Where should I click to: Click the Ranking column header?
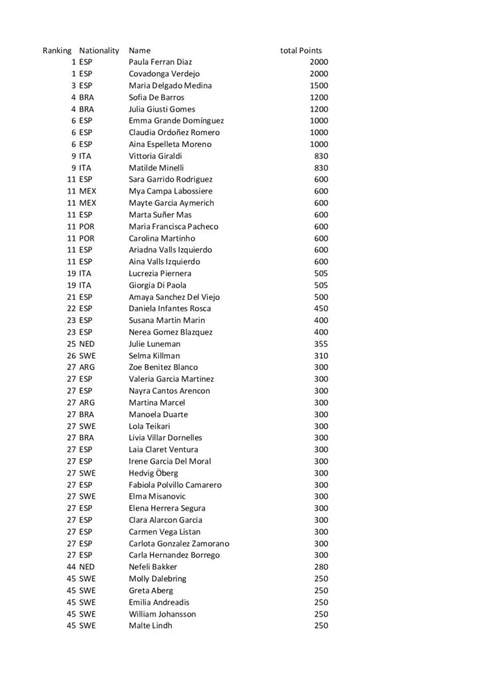tap(57, 51)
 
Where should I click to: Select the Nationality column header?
tap(99, 51)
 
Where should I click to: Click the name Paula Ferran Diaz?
tap(160, 63)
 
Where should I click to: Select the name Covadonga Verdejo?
tap(164, 74)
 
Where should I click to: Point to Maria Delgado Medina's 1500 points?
tap(319, 86)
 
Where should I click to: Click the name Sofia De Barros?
tap(156, 97)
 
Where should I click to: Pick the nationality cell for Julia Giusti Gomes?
tap(86, 109)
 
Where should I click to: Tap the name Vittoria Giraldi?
tap(154, 156)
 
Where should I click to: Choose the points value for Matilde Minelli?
tap(321, 168)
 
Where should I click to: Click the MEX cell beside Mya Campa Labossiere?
tap(87, 191)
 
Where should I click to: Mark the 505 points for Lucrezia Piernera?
tap(321, 273)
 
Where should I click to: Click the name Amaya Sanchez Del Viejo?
tap(174, 297)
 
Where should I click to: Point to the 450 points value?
tap(321, 309)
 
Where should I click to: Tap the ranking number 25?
tap(71, 344)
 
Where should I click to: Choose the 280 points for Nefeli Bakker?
tap(321, 567)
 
